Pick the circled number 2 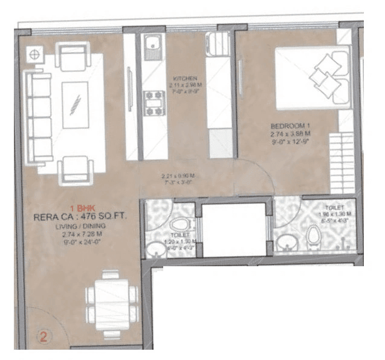tap(44, 336)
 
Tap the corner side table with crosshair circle tap(34, 55)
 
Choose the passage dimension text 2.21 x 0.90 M tap(177, 176)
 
